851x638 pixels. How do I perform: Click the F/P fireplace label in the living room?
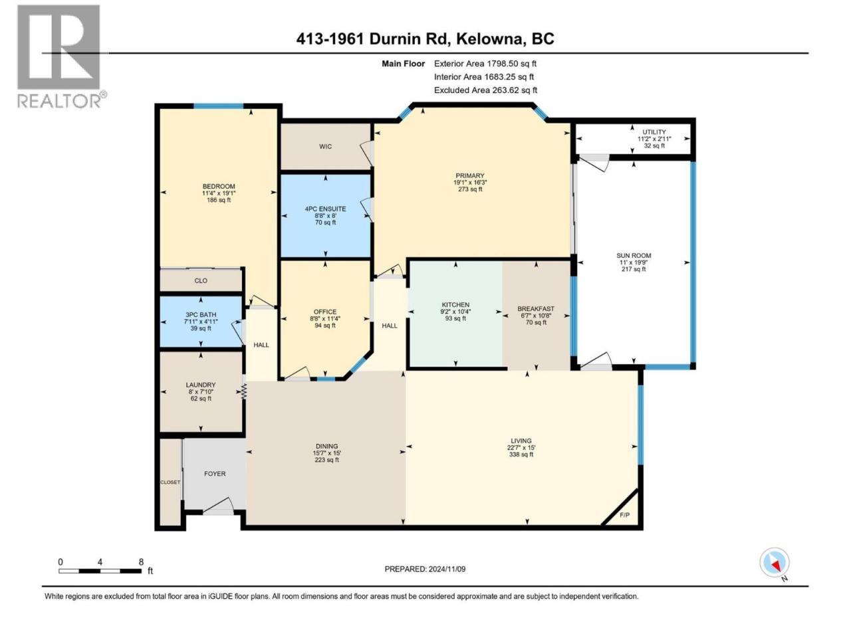[x=624, y=515]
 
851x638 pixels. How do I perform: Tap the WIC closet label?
[x=325, y=146]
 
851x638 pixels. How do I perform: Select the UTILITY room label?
[x=654, y=132]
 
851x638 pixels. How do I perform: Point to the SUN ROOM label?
[x=634, y=255]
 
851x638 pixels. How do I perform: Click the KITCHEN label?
[x=455, y=305]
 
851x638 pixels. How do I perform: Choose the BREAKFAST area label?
[x=536, y=309]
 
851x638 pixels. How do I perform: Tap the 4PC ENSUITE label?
[x=325, y=209]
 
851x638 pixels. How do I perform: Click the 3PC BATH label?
[x=200, y=315]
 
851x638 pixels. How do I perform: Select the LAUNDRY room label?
[x=200, y=385]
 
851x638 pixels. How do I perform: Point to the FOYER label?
[x=215, y=474]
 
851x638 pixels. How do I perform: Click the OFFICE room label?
[x=325, y=312]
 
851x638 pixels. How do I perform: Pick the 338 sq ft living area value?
[x=521, y=455]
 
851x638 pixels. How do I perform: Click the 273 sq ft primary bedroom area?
[x=470, y=189]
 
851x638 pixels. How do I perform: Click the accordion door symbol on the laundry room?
[x=244, y=391]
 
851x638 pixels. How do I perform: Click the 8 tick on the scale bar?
[x=141, y=562]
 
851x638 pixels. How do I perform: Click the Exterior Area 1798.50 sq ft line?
[x=485, y=64]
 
